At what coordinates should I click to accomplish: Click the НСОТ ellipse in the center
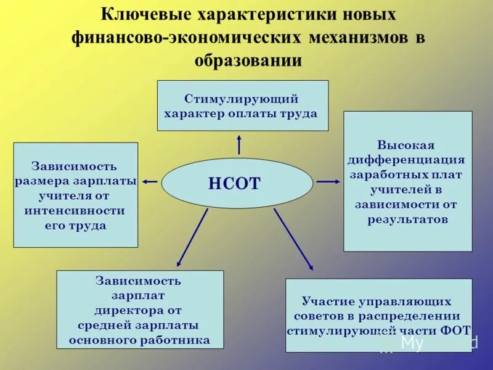tap(237, 183)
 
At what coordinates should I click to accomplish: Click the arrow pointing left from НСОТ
tap(150, 181)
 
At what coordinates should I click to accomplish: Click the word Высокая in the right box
tap(406, 146)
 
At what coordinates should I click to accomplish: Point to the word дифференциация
tap(406, 160)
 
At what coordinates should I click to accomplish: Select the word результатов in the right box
tap(407, 219)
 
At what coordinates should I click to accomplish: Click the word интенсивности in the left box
tap(75, 210)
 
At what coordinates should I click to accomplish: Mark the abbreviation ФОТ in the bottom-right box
tap(457, 329)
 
